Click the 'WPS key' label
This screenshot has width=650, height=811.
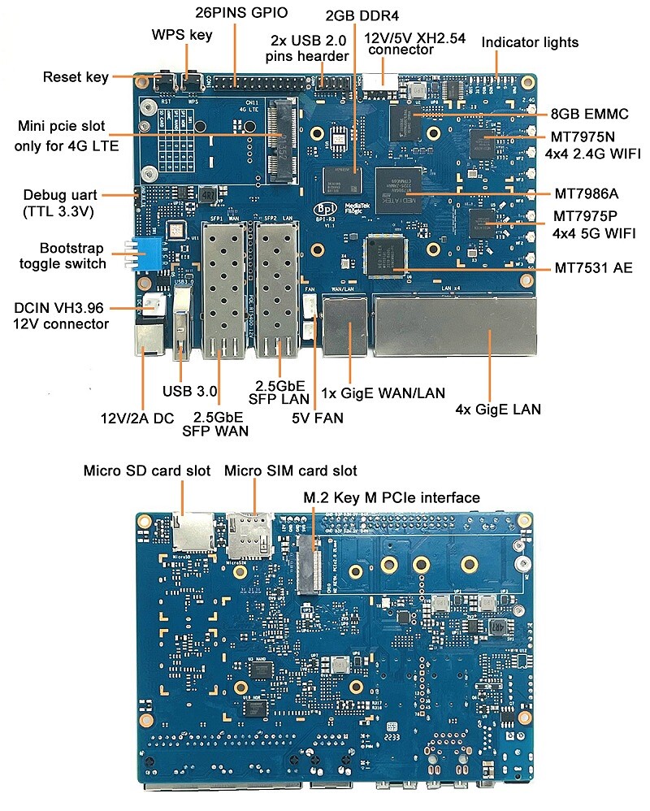point(182,35)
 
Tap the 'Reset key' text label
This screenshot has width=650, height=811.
point(75,77)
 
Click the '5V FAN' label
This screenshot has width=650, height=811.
point(318,419)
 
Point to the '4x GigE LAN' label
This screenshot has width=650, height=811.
point(498,409)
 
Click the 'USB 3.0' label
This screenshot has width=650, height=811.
point(190,391)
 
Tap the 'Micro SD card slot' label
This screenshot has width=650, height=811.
point(147,471)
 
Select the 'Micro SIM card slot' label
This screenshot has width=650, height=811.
point(290,471)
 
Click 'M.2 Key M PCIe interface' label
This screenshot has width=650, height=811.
point(392,497)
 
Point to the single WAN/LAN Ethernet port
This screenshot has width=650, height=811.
point(346,325)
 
